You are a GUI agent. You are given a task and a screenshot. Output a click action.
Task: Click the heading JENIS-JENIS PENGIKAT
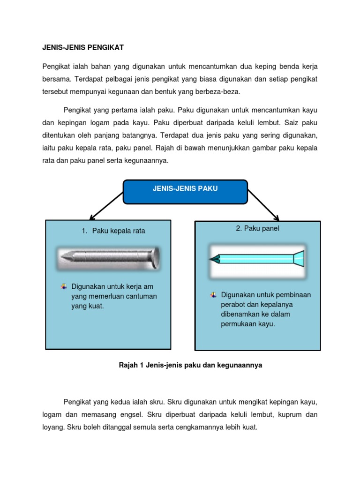(x=82, y=48)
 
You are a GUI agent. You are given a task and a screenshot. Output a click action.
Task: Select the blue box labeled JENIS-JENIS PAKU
(x=185, y=192)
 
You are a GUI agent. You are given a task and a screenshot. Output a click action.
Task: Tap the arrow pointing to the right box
(x=264, y=205)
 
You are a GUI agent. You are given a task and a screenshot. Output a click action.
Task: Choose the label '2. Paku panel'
(x=257, y=228)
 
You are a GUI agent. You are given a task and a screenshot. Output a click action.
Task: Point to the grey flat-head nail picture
(x=108, y=257)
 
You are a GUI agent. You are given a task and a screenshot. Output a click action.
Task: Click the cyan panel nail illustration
(x=257, y=258)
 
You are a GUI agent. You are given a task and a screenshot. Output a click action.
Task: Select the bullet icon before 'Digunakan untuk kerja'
(x=64, y=286)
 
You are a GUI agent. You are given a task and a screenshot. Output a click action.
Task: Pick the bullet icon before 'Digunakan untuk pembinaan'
(x=213, y=295)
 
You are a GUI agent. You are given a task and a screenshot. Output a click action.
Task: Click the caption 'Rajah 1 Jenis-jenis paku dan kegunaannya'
(x=191, y=366)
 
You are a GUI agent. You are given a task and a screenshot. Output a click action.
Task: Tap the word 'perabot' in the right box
(x=232, y=305)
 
